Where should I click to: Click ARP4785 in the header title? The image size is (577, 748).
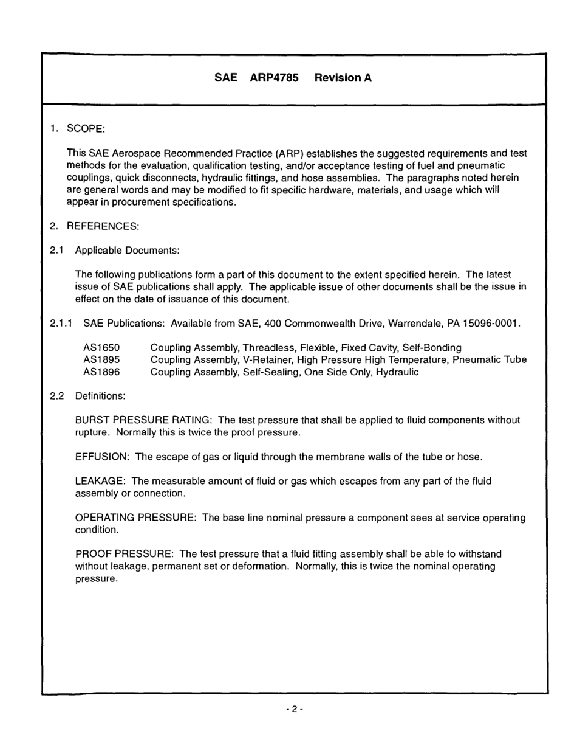pos(274,78)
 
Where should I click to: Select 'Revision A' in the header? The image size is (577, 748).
pos(343,78)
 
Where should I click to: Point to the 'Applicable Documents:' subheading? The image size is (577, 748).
pos(127,251)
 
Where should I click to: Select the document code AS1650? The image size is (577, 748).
pos(101,348)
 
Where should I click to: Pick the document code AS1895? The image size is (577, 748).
pos(101,360)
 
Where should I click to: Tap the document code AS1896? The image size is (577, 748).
pos(101,372)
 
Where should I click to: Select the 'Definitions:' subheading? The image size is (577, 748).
pos(100,396)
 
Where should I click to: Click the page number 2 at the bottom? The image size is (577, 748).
pos(294,709)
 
